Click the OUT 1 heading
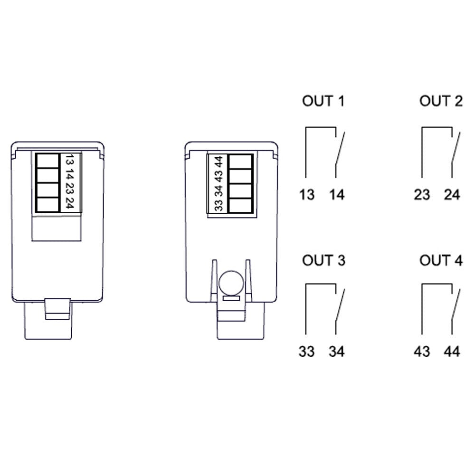coord(323,101)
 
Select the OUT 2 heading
coord(441,101)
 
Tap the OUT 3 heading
coord(323,260)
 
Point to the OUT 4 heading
coord(441,260)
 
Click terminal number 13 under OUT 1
coord(307,195)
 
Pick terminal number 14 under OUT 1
coord(337,195)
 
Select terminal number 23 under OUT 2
coord(422,195)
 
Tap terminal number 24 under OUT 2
coord(452,195)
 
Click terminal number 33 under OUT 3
coord(306,351)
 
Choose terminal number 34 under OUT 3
coord(337,351)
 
